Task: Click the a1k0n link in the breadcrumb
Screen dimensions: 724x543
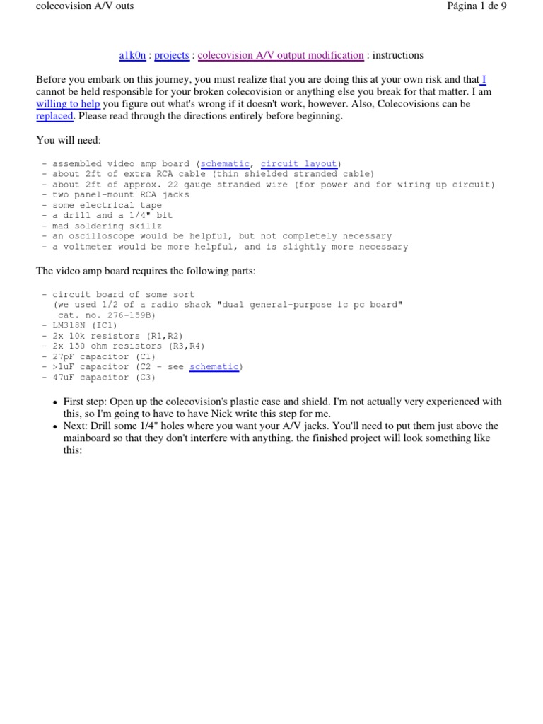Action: (x=132, y=55)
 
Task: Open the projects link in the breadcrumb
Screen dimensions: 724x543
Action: (x=172, y=55)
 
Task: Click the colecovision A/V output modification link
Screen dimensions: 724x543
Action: (x=281, y=55)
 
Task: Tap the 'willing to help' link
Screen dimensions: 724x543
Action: (x=68, y=104)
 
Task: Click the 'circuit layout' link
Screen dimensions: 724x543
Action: (x=299, y=164)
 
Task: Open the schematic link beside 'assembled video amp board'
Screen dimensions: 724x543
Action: (x=225, y=164)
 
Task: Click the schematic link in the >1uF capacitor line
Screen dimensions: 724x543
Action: (x=214, y=367)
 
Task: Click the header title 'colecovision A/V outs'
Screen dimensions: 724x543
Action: (x=84, y=6)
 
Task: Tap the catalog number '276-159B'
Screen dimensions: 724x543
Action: (x=129, y=315)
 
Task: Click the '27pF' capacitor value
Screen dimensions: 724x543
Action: (x=64, y=356)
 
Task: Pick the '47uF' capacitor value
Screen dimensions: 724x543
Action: (x=64, y=378)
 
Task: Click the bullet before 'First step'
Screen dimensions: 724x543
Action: (x=56, y=402)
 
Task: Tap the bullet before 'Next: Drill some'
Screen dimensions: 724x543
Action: (x=56, y=426)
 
